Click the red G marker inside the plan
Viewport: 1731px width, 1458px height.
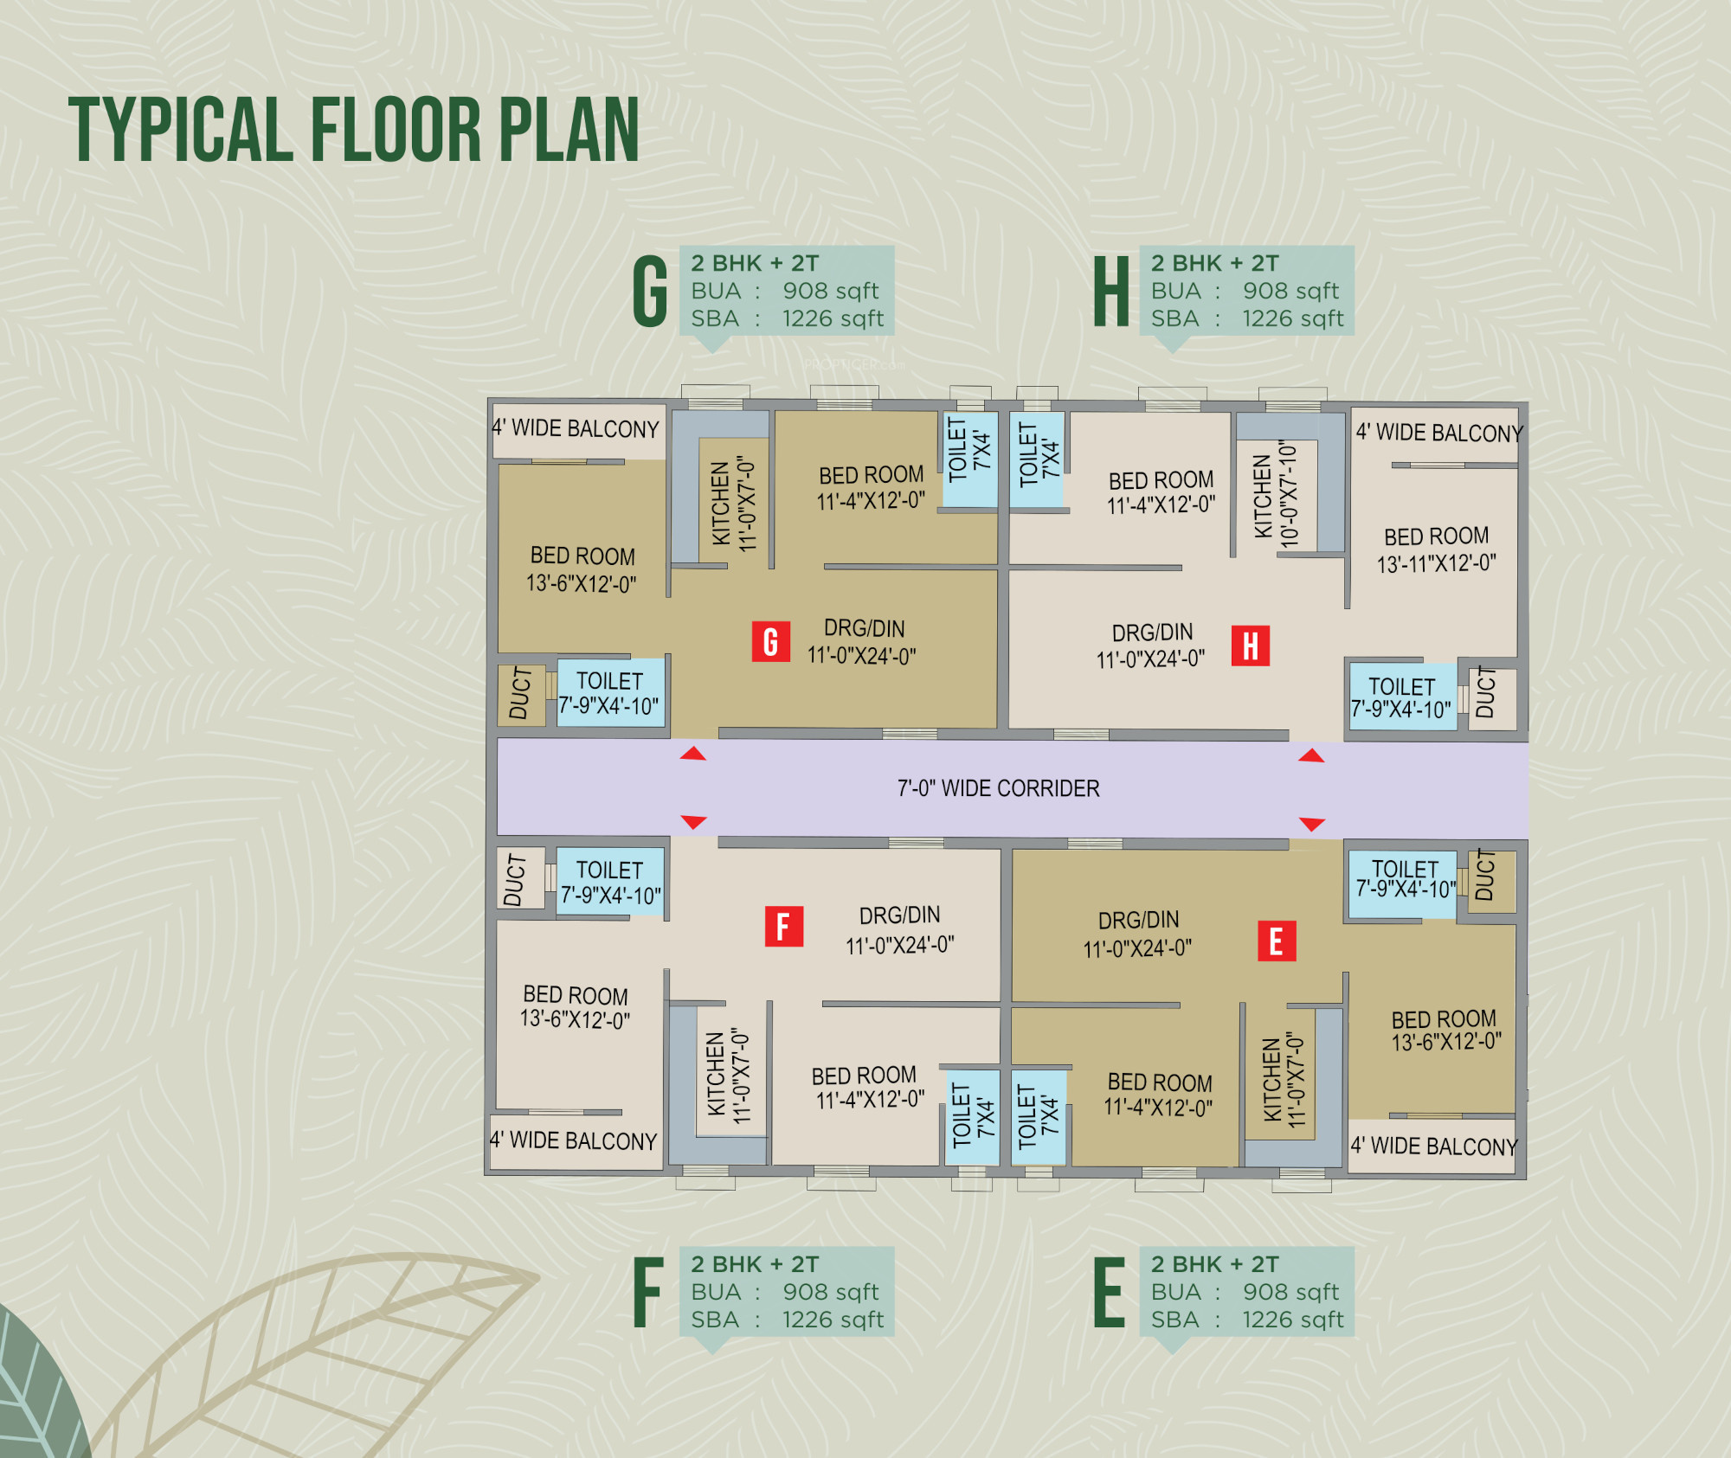[x=770, y=641]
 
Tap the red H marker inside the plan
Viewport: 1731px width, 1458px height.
[x=1250, y=646]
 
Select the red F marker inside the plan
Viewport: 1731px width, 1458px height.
[x=783, y=926]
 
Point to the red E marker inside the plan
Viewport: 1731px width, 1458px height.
[x=1276, y=941]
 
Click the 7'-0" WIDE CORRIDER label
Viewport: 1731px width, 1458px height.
[x=998, y=788]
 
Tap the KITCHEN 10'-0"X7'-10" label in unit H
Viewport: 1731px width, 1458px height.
[x=1276, y=495]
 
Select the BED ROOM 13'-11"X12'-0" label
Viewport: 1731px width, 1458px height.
[x=1436, y=549]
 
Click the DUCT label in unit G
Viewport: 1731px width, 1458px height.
[x=520, y=694]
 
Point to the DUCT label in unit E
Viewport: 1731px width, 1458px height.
[x=1485, y=876]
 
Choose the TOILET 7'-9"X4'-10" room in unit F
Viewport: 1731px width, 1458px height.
[x=610, y=882]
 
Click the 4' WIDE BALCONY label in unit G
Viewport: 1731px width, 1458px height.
[x=576, y=428]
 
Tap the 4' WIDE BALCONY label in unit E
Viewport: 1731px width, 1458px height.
[x=1434, y=1146]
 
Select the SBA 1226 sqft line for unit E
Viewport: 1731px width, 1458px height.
[x=1246, y=1320]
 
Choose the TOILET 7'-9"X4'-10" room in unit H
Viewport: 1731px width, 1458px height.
[x=1401, y=697]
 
